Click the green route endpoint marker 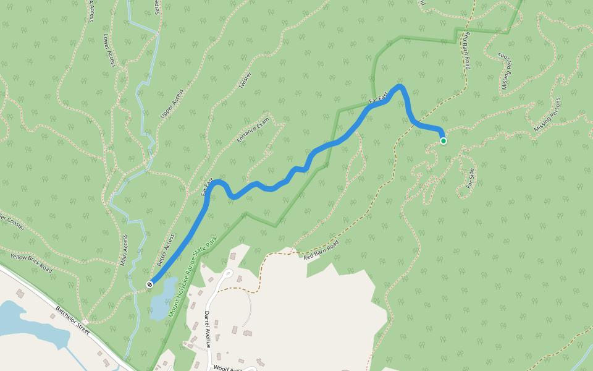[444, 141]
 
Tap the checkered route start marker [149, 284]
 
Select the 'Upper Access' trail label [172, 104]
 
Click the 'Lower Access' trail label [109, 51]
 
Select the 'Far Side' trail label [469, 178]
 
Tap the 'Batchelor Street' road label [73, 319]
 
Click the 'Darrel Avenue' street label [208, 329]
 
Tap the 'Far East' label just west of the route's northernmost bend [378, 98]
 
